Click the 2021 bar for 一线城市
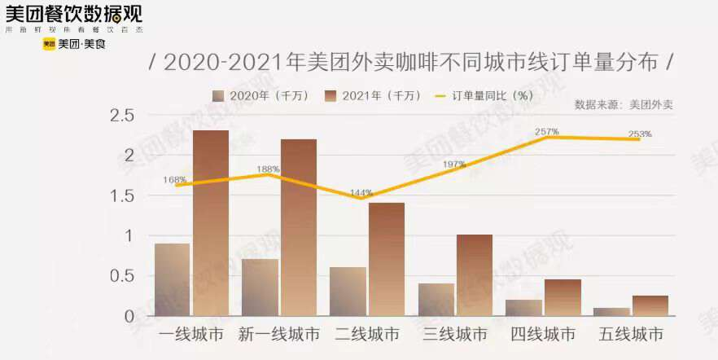pyautogui.click(x=211, y=223)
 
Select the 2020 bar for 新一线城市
pyautogui.click(x=260, y=288)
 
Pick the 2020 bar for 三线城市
pyautogui.click(x=436, y=300)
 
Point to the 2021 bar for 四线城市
pyautogui.click(x=563, y=297)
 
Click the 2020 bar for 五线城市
pyautogui.click(x=611, y=311)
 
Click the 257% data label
pyautogui.click(x=547, y=131)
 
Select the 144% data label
pyautogui.click(x=361, y=193)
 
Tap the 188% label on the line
pyautogui.click(x=268, y=169)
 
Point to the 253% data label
pyautogui.click(x=640, y=134)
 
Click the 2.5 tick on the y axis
pyautogui.click(x=122, y=116)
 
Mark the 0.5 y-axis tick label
pyautogui.click(x=122, y=275)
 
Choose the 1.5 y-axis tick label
pyautogui.click(x=122, y=195)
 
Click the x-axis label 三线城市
pyautogui.click(x=455, y=335)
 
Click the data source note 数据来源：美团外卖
pyautogui.click(x=624, y=104)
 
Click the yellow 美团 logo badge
pyautogui.click(x=49, y=44)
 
